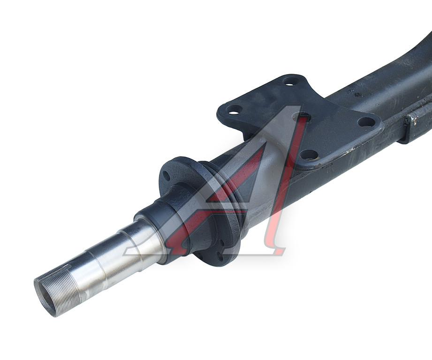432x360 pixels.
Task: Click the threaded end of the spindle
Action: pos(56,292)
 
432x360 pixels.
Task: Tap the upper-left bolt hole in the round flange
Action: pos(166,175)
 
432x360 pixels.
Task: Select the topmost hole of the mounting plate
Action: pos(291,81)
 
